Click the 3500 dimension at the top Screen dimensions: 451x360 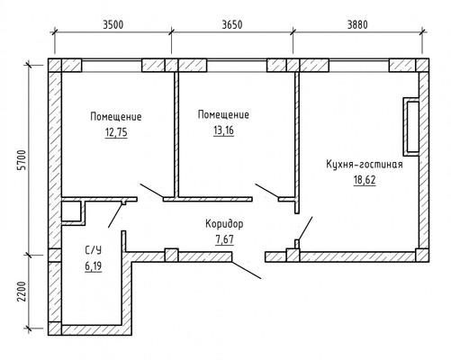click(x=113, y=24)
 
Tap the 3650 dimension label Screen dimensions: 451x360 click(x=232, y=24)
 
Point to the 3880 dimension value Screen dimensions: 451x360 click(x=357, y=24)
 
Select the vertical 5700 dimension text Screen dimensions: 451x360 click(x=22, y=159)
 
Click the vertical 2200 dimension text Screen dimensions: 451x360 click(x=22, y=292)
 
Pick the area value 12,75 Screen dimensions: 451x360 click(x=116, y=132)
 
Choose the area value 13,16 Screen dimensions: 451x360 click(x=223, y=130)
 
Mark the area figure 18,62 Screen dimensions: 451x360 click(x=365, y=180)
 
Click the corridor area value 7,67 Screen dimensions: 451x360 click(x=224, y=239)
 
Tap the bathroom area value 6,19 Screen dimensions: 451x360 click(x=93, y=266)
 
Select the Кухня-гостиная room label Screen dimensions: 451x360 click(x=365, y=165)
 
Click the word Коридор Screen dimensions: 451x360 click(x=224, y=224)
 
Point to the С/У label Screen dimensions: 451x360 click(x=93, y=250)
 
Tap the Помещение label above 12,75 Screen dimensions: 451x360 click(x=116, y=117)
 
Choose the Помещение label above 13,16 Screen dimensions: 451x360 click(x=223, y=115)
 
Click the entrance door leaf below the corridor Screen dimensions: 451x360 click(x=247, y=270)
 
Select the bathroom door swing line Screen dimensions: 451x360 click(x=115, y=215)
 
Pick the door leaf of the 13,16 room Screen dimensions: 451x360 click(x=266, y=191)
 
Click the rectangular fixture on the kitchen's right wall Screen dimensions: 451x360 click(x=410, y=127)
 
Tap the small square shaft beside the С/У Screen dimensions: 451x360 click(x=71, y=211)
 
